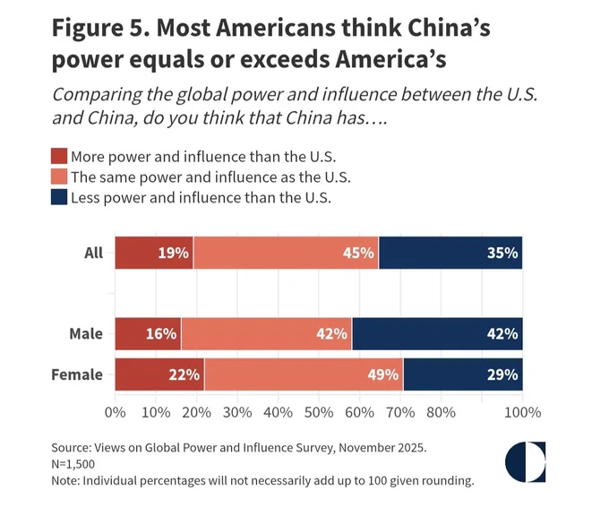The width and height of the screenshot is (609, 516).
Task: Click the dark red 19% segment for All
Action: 154,253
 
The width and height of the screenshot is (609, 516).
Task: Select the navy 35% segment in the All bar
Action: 450,253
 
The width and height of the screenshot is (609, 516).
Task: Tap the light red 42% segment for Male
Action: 267,334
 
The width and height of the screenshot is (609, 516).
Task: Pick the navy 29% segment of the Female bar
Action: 463,374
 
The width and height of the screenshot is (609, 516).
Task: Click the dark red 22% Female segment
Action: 159,374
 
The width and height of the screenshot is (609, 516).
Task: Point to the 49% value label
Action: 383,375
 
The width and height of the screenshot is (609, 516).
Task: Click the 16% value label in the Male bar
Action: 161,334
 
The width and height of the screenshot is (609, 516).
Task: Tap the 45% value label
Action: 358,253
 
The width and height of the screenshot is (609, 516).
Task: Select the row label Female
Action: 77,375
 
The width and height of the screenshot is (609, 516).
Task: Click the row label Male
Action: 86,334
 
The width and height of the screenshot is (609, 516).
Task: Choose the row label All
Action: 94,253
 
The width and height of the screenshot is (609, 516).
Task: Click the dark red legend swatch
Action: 59,156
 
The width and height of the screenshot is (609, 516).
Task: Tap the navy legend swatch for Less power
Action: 59,197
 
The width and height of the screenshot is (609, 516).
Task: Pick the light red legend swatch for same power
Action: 59,176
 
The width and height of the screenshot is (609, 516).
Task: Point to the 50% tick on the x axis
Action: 319,412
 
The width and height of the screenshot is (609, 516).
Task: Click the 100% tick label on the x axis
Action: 522,412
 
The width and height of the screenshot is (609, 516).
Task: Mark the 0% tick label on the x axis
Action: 116,412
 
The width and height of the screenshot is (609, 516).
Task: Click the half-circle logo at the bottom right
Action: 525,462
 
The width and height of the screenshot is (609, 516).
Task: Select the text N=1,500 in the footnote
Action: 73,464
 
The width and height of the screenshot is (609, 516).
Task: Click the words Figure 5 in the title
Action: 100,29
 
